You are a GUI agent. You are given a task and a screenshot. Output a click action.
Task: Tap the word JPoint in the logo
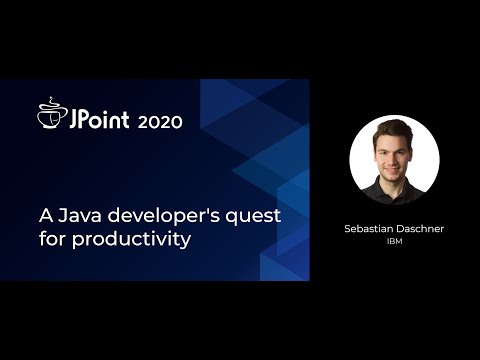(x=98, y=120)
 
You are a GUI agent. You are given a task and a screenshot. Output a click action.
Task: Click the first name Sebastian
(x=369, y=229)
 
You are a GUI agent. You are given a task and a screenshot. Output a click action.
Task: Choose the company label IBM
(x=394, y=241)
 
